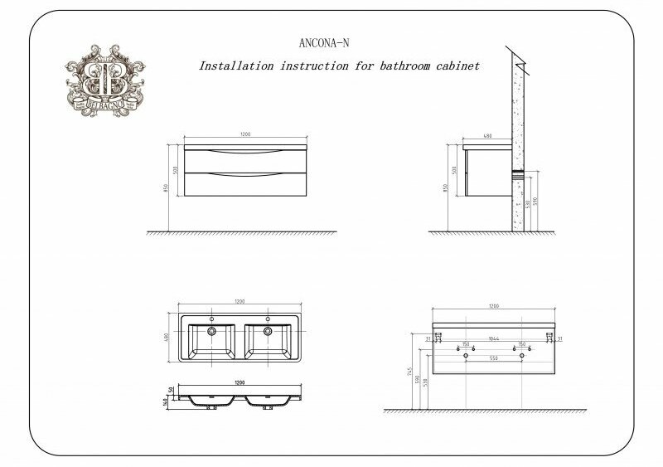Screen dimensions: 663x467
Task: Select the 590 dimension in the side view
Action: coord(536,202)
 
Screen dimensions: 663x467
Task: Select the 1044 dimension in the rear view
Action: coord(494,339)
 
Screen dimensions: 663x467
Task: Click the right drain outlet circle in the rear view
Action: coord(523,355)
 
